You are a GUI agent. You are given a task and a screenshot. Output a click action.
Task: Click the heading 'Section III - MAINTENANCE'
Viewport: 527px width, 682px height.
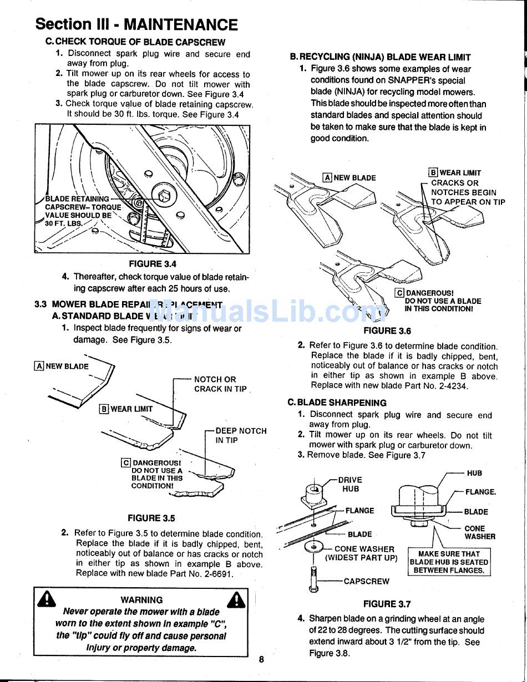click(x=136, y=24)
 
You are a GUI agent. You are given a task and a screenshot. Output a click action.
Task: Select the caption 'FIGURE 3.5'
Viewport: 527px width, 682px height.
click(x=151, y=518)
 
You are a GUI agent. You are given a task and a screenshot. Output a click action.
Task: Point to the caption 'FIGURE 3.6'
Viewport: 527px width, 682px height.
click(x=387, y=331)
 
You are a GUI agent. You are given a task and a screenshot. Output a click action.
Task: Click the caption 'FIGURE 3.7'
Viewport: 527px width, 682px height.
click(x=387, y=604)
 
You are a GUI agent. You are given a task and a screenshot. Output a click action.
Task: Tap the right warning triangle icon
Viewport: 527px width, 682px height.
click(x=237, y=600)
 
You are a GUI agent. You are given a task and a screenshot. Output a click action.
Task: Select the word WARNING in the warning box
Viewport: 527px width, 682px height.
click(x=141, y=600)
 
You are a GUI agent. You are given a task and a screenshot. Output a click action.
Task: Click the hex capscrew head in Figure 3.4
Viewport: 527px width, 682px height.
click(x=164, y=196)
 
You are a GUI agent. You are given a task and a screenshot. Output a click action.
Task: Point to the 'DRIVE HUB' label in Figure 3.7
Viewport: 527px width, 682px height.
click(x=350, y=484)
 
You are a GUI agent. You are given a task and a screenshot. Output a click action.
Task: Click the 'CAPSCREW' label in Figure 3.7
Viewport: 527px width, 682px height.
click(x=366, y=582)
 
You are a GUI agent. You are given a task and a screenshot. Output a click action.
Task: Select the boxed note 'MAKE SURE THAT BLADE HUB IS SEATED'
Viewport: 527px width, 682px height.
click(x=449, y=562)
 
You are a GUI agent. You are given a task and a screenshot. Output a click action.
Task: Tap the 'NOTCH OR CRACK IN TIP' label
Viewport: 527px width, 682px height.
click(x=220, y=384)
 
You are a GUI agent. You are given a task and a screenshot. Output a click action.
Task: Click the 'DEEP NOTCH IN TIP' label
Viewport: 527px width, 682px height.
click(x=240, y=435)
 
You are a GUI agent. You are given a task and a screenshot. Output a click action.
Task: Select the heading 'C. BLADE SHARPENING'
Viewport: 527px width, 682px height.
click(x=337, y=403)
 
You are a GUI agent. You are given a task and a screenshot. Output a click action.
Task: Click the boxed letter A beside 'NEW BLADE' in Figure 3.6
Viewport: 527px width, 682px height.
click(x=327, y=178)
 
